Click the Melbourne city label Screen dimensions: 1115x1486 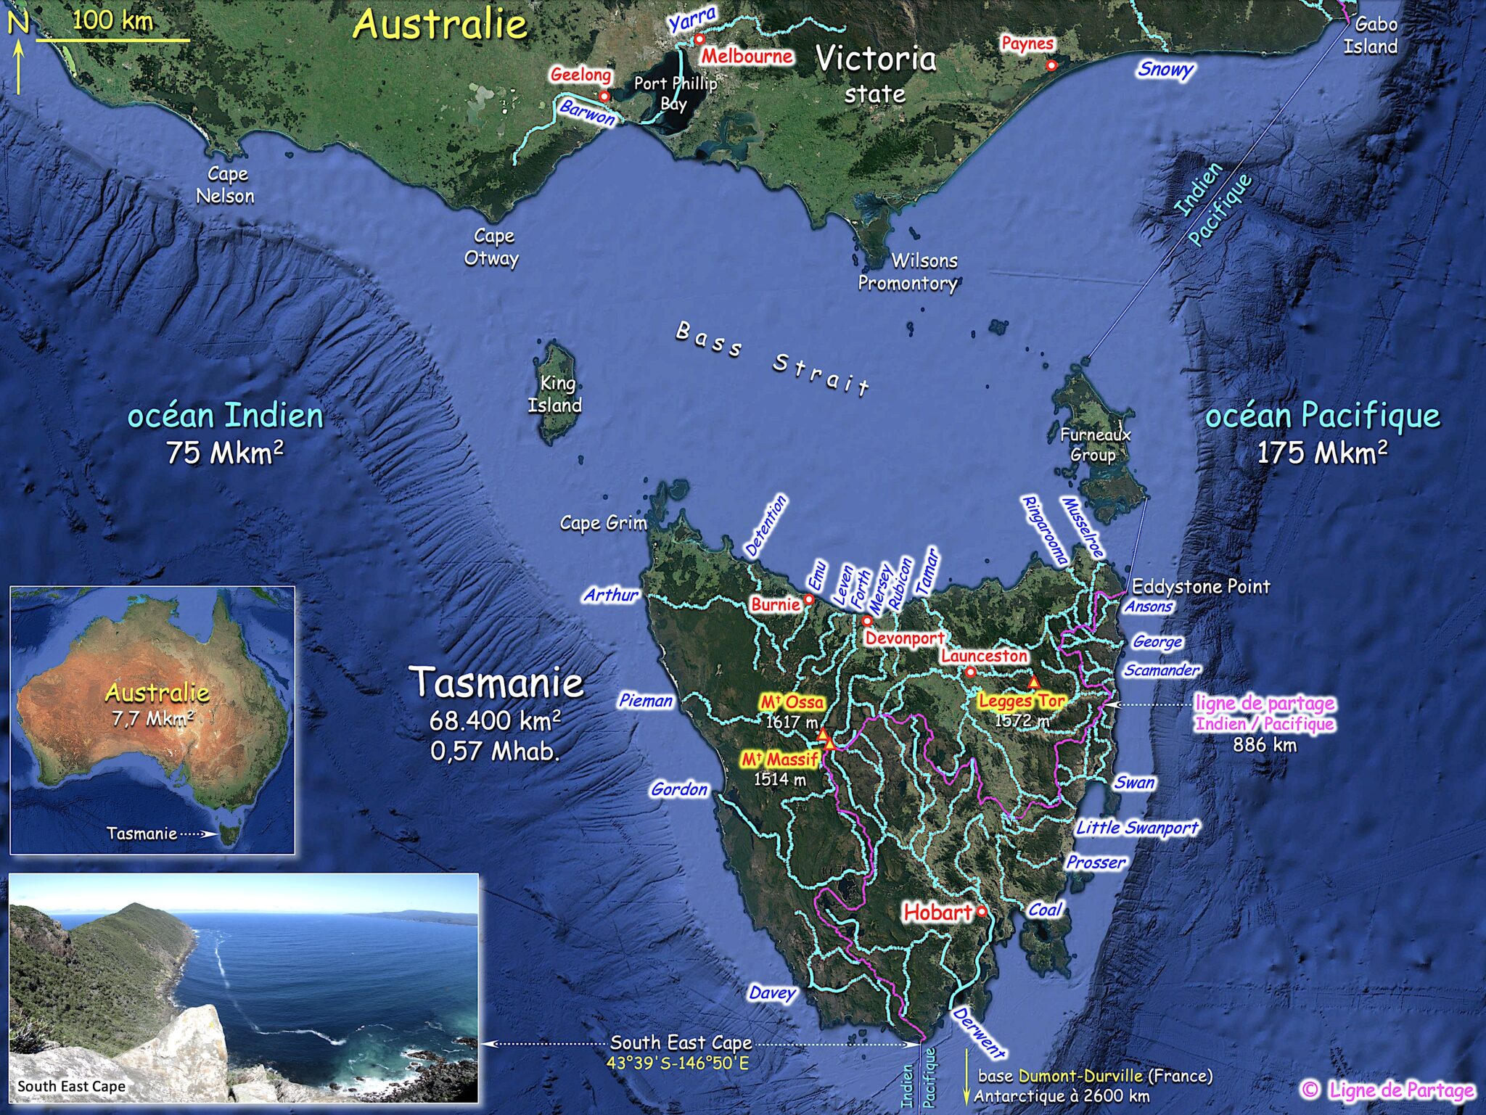tap(747, 57)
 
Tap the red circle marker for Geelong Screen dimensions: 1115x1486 tap(604, 96)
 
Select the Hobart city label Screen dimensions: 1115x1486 tap(937, 912)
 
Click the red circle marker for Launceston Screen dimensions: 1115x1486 tap(971, 672)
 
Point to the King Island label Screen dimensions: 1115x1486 tap(555, 394)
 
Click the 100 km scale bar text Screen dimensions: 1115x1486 tap(112, 20)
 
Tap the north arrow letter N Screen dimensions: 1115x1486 tap(18, 23)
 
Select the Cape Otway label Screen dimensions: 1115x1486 tap(493, 247)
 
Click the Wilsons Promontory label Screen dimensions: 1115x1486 tap(908, 271)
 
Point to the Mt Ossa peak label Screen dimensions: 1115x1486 tap(792, 702)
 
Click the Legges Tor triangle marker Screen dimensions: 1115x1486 tap(1034, 683)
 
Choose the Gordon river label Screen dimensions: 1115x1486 tap(679, 789)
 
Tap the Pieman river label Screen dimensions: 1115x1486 tap(646, 701)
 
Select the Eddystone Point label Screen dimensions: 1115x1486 tap(1201, 586)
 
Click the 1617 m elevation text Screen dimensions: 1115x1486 tap(792, 723)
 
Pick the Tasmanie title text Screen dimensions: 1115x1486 tap(497, 683)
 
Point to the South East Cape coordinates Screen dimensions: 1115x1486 tap(678, 1063)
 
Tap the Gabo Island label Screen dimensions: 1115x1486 tap(1371, 36)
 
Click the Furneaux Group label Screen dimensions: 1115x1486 tap(1095, 445)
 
